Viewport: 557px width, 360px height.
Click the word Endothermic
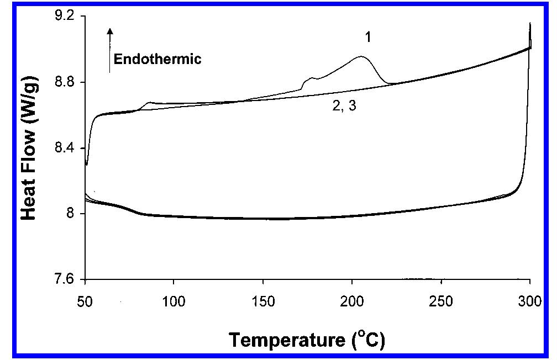157,59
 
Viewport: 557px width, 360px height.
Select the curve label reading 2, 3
343,107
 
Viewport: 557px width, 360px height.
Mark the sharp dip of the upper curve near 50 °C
87,164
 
